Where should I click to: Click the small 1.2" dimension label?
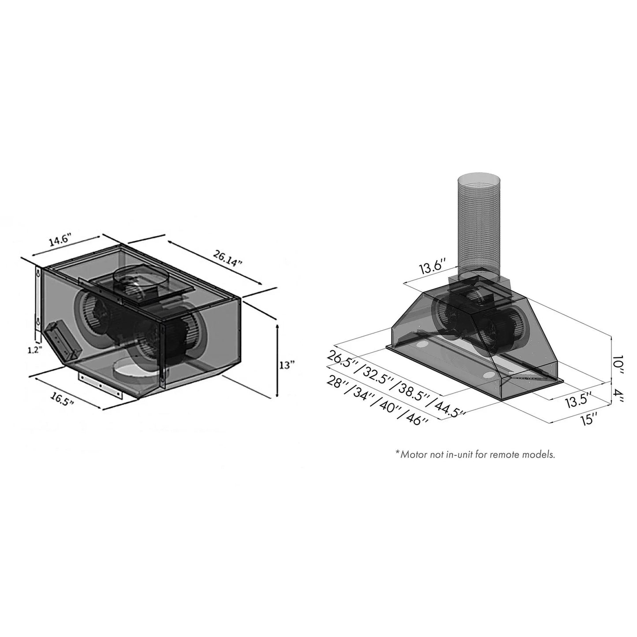point(34,350)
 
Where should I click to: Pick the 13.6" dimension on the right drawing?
point(432,268)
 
